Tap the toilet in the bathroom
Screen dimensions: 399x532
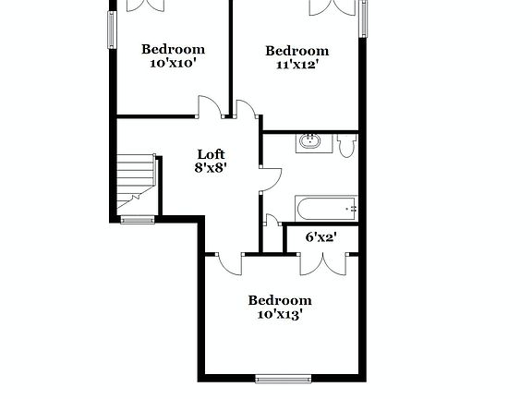tap(346, 146)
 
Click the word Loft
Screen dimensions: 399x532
tap(211, 154)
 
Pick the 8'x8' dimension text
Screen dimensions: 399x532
tap(211, 168)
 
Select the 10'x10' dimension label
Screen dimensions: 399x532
tap(173, 64)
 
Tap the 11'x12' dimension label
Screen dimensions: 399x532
tap(296, 66)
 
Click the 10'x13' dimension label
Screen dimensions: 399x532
tap(280, 315)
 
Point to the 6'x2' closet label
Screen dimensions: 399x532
tap(320, 237)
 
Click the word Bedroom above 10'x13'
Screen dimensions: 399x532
tap(280, 300)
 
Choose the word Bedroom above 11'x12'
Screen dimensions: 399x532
tap(296, 51)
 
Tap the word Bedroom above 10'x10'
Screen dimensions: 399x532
tap(173, 49)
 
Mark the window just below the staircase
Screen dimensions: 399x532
tap(138, 220)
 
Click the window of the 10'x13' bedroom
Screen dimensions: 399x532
tap(284, 378)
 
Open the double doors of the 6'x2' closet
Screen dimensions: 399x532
tap(324, 261)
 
